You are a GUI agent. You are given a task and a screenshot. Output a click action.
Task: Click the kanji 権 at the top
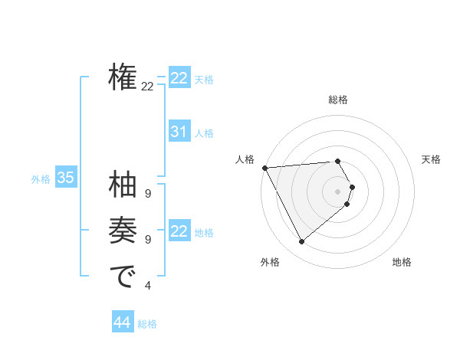(123, 77)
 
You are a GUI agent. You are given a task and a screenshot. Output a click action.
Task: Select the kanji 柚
(123, 185)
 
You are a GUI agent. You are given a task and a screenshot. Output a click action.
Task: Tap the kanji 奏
(123, 231)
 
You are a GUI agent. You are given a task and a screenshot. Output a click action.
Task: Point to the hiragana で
(123, 277)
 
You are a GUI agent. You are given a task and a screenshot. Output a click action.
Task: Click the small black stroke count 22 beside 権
(147, 87)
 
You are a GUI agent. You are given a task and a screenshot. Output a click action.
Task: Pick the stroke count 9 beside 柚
(147, 194)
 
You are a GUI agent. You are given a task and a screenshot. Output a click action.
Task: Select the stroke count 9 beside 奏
(147, 240)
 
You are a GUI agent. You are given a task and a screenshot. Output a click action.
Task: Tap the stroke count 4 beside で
(147, 286)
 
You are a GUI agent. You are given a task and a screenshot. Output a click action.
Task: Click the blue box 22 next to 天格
(179, 78)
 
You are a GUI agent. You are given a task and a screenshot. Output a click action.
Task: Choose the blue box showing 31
(179, 132)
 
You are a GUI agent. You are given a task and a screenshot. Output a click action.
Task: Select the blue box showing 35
(66, 178)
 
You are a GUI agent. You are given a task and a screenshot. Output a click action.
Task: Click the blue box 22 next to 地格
(179, 231)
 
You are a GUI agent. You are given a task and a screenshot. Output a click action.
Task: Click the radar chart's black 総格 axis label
(338, 100)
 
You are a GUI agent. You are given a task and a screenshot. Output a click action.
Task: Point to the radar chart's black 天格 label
(432, 159)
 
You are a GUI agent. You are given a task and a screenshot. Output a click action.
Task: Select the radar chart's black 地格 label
(402, 262)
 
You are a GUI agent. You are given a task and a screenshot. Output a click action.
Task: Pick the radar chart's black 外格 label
(270, 262)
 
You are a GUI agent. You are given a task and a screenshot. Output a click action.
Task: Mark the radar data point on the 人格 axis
(264, 167)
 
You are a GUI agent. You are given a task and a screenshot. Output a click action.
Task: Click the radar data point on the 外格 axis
(301, 241)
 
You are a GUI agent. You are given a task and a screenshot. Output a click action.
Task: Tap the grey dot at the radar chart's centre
(338, 191)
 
